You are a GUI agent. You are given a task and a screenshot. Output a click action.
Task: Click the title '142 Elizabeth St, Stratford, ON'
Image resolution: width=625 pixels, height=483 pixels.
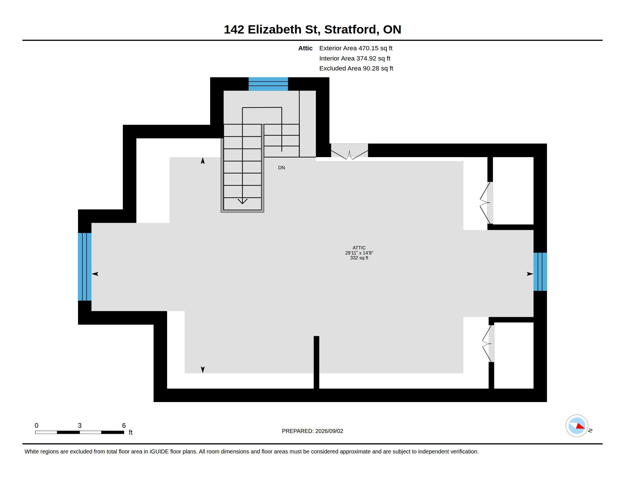(x=312, y=30)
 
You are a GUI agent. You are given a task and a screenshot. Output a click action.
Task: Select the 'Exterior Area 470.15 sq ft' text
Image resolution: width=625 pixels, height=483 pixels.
(x=356, y=48)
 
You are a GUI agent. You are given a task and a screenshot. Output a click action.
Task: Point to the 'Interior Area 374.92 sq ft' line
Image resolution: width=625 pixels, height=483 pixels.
(x=355, y=58)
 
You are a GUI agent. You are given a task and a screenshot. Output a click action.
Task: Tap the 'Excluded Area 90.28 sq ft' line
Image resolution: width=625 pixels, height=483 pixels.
(x=356, y=68)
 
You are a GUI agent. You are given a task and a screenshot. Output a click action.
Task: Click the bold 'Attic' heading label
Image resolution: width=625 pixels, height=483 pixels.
(x=305, y=48)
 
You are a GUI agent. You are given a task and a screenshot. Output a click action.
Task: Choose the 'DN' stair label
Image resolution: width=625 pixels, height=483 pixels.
(x=281, y=168)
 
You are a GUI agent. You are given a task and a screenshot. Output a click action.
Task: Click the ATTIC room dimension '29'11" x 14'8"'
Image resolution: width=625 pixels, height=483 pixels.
(x=359, y=253)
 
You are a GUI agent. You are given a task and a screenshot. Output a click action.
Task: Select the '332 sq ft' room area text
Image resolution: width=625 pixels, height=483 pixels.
(x=359, y=258)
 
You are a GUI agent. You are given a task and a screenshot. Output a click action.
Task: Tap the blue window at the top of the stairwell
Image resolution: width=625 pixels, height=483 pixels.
(x=268, y=84)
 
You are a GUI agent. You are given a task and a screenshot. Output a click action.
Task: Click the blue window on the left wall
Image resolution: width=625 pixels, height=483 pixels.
(x=85, y=267)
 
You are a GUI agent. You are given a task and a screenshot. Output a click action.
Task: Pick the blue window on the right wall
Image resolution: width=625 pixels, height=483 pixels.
(x=540, y=272)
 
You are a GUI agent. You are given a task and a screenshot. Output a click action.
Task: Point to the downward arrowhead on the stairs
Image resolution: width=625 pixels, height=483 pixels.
(x=242, y=201)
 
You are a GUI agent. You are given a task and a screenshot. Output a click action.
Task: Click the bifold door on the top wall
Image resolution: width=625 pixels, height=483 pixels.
(x=349, y=151)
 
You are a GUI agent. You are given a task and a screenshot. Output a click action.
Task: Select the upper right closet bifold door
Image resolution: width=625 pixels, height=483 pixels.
(x=486, y=203)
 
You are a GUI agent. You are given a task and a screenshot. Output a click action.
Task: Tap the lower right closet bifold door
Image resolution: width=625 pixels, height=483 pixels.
(x=488, y=343)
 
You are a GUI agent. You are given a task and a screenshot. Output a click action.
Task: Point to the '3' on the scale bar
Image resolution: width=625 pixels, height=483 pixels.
(x=80, y=426)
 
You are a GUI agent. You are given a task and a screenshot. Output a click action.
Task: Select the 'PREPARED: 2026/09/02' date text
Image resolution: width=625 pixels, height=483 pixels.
(x=312, y=431)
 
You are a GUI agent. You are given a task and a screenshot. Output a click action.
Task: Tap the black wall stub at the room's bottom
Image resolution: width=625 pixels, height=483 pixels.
(x=316, y=362)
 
